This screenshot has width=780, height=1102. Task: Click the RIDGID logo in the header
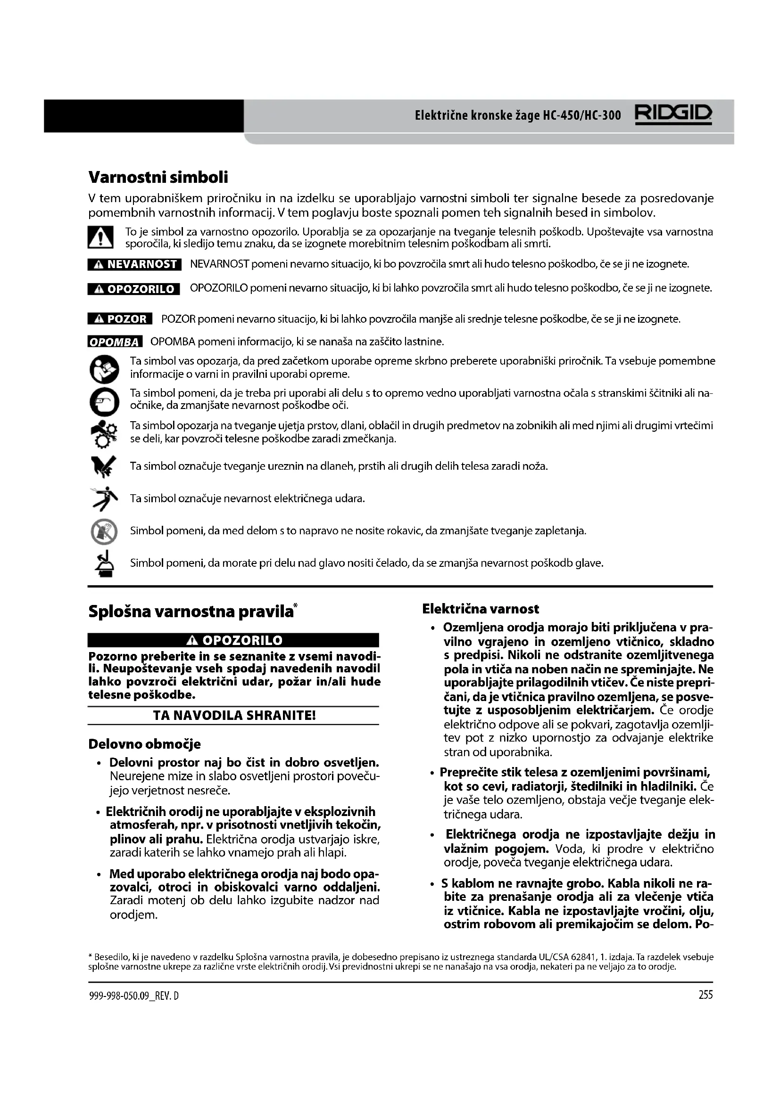[x=673, y=114]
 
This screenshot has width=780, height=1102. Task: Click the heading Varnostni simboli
[x=158, y=177]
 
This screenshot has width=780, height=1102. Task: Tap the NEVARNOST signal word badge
[x=134, y=264]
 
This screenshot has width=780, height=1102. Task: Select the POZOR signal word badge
[x=120, y=318]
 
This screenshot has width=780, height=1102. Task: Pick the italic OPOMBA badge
[x=115, y=342]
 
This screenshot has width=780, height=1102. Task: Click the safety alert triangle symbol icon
[x=100, y=237]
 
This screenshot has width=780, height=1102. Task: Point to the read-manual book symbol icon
[x=104, y=368]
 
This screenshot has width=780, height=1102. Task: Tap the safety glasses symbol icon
[x=104, y=401]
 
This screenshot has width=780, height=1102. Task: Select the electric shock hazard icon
[x=104, y=498]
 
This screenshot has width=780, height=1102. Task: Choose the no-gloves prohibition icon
[x=104, y=531]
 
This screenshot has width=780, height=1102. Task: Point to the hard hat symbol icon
[x=104, y=563]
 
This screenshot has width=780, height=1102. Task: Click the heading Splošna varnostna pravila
[x=191, y=612]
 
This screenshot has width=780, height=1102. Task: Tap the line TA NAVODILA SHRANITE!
[x=234, y=716]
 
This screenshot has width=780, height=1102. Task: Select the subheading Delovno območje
[x=145, y=744]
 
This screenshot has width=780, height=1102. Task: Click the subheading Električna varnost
[x=480, y=609]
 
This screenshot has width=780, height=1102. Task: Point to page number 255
[x=705, y=995]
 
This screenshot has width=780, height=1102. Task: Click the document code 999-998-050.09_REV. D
[x=134, y=996]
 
